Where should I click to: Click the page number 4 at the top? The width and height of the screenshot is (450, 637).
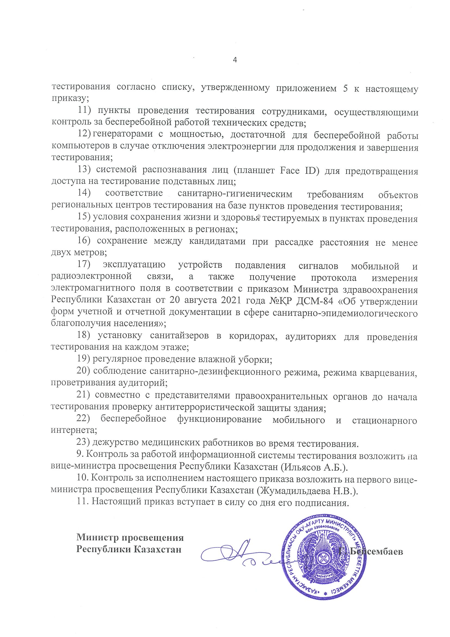pyautogui.click(x=235, y=60)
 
